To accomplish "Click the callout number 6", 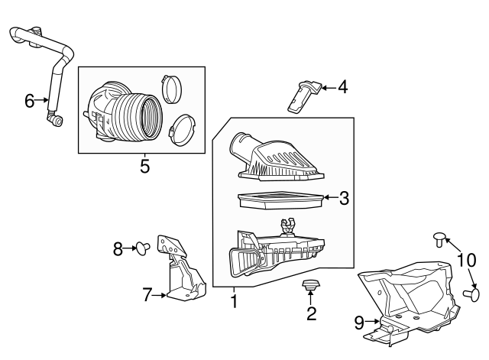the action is coord(29,101).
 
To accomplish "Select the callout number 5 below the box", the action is coord(145,166).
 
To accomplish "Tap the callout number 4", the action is coord(343,87).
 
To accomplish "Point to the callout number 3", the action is coord(344,198).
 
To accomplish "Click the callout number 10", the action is coord(467,260).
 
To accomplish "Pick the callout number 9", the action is coord(359,323).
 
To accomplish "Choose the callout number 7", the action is coord(147,294).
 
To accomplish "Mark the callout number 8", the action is coord(118,249).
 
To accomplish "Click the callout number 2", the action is coord(311,313).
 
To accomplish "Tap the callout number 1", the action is coord(234,301).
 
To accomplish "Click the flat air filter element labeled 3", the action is coord(280,199).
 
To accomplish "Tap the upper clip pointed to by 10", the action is coord(439,239).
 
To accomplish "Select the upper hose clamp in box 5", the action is coord(171,89).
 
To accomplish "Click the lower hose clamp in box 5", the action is coord(182,131).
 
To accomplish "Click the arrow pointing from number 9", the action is coord(372,321).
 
